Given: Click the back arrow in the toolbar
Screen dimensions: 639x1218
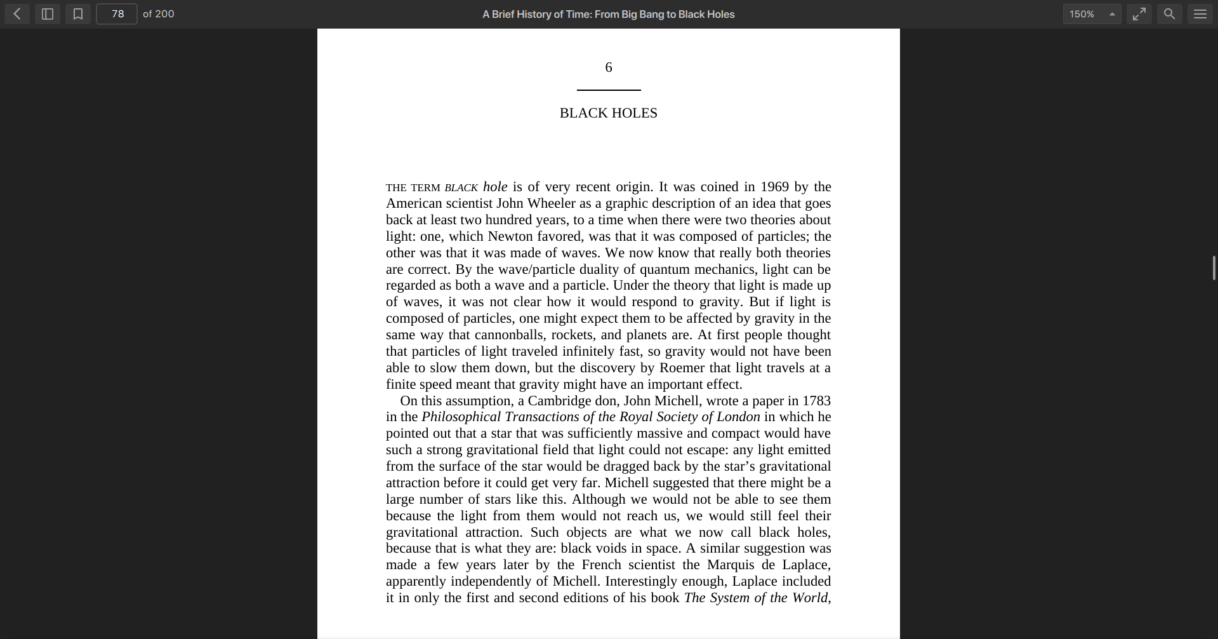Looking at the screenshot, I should (x=17, y=14).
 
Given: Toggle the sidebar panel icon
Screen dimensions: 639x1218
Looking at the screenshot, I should (x=48, y=14).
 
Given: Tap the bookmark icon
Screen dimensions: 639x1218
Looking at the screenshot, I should (x=78, y=14).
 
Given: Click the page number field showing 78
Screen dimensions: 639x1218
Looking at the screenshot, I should (x=117, y=14).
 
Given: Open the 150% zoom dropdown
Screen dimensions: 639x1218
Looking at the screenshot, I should (x=1092, y=14).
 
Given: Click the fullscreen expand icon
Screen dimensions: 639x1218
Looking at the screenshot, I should (x=1139, y=14).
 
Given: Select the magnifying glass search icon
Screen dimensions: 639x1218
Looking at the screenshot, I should (x=1169, y=14).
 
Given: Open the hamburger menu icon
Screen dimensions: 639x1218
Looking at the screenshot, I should (x=1200, y=14).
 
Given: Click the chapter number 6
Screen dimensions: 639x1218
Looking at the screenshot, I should (x=609, y=67).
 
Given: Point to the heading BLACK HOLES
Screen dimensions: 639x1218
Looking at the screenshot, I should (x=608, y=113).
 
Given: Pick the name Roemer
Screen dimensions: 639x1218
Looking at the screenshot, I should (x=682, y=368).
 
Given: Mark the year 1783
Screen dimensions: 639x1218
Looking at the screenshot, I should (x=816, y=401).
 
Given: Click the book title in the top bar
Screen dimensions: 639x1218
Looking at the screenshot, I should (x=608, y=14).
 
